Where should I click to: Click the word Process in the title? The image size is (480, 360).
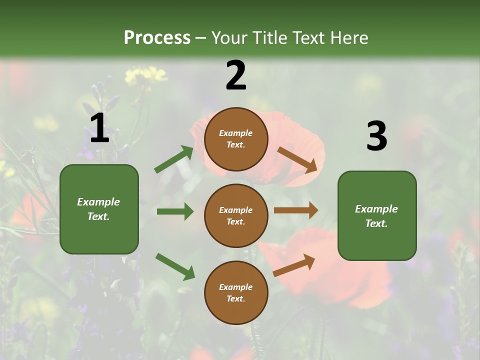click(157, 38)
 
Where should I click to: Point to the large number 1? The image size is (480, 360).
click(99, 128)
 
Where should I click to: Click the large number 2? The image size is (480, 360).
click(236, 75)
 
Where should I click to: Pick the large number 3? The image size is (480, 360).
click(376, 136)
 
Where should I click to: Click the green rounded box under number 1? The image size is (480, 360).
click(99, 209)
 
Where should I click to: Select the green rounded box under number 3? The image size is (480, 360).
click(377, 216)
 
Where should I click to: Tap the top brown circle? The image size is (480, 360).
click(236, 139)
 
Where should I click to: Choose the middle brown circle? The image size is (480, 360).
click(236, 216)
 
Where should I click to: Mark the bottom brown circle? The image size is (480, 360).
click(236, 293)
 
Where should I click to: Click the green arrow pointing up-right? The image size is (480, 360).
click(174, 159)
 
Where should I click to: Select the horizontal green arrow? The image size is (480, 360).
click(175, 211)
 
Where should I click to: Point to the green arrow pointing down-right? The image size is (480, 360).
click(175, 266)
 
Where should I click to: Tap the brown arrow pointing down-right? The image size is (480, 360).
click(297, 159)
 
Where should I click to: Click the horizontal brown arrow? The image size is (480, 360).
click(296, 210)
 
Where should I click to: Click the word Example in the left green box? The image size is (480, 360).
click(98, 202)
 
